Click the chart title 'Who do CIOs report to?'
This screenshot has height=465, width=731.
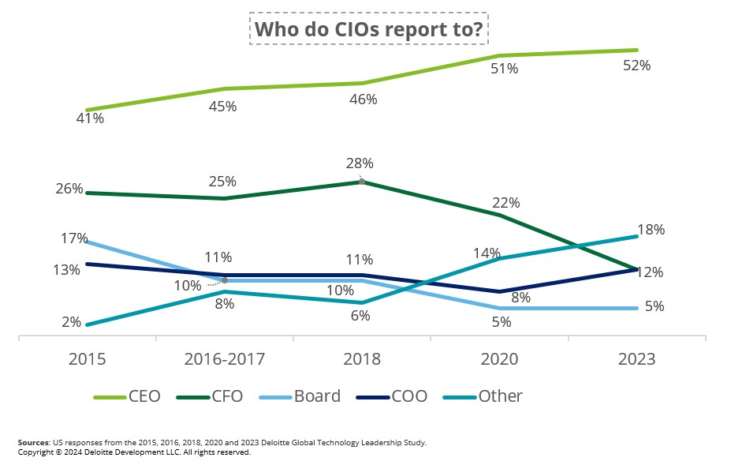coord(369,29)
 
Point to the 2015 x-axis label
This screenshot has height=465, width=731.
coord(87,359)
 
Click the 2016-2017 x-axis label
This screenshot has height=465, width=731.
coord(225,359)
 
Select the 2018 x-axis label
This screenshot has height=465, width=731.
coord(362,359)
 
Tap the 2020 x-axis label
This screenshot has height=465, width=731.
coord(499,359)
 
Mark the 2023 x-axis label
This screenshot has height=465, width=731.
coord(636,359)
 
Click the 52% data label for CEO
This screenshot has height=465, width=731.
coord(636,66)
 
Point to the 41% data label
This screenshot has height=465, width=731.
coord(90,118)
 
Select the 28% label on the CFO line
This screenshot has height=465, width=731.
coord(360,163)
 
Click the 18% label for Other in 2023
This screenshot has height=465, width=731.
coord(651,230)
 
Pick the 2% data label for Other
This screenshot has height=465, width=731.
coord(72,322)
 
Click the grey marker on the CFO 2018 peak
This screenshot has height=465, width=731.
coord(362,182)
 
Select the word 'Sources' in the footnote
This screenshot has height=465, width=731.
coord(32,443)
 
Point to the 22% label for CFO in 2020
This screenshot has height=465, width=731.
coord(505,203)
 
